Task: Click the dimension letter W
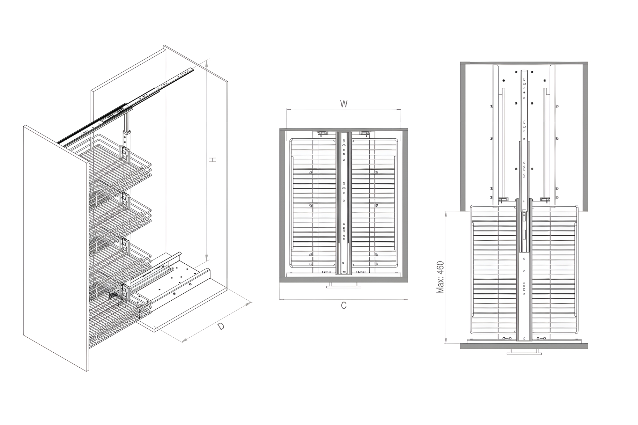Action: tap(344, 104)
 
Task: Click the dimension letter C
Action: tap(344, 305)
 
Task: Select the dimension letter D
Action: tap(221, 326)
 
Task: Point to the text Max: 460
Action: tap(440, 277)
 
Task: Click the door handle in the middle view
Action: tap(344, 285)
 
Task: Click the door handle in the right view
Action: tap(524, 351)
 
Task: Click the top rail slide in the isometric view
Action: tap(126, 105)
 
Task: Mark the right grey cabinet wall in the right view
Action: tap(585, 137)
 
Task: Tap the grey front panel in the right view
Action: tap(524, 346)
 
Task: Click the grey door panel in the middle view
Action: tap(344, 280)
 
